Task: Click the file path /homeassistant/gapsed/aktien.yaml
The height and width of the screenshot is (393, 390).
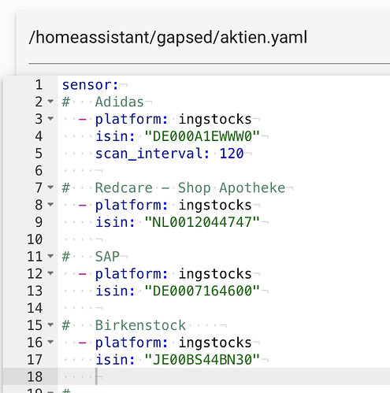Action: [168, 38]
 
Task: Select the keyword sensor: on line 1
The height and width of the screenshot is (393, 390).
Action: [91, 85]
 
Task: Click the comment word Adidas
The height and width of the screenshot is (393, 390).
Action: [120, 102]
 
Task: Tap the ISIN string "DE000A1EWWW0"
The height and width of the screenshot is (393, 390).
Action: [202, 136]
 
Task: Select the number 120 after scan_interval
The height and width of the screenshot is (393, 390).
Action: [232, 154]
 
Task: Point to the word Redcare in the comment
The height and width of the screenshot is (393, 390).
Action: [124, 187]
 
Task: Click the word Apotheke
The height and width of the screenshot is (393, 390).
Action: [252, 187]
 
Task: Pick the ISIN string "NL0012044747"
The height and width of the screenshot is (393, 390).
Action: [202, 222]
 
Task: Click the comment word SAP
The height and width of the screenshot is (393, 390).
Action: [107, 257]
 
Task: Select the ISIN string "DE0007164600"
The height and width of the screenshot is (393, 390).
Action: [202, 291]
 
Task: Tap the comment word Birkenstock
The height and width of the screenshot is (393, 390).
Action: [140, 325]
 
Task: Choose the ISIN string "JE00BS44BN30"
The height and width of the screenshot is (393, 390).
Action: [202, 360]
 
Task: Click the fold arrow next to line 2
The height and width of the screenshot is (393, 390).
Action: [50, 102]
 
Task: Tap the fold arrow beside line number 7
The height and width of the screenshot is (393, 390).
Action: [50, 187]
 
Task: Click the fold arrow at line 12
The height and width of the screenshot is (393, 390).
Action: [50, 273]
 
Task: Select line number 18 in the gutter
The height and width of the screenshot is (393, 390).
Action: [35, 376]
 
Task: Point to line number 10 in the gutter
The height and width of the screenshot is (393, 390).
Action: [35, 239]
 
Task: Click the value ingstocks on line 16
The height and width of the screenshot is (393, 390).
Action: [215, 343]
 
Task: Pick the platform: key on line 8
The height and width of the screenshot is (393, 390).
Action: [132, 206]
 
